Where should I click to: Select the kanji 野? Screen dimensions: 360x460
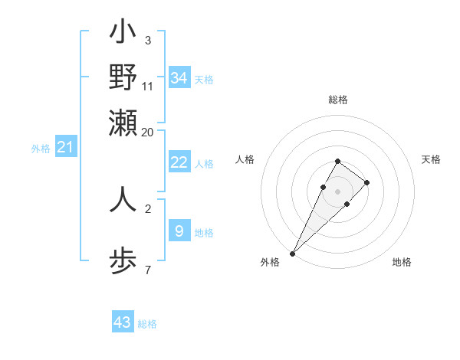tap(123, 77)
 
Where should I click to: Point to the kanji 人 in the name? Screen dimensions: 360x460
tap(123, 200)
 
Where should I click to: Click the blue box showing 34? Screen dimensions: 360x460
tap(179, 77)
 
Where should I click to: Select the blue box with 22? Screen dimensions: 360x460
tap(179, 162)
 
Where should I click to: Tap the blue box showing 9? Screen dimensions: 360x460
tap(179, 230)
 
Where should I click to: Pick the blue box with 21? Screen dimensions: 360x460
tap(64, 147)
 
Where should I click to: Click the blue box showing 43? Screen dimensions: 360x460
tap(123, 322)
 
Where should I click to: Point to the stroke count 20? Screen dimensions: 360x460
tap(148, 131)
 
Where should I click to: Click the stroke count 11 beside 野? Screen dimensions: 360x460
tap(148, 86)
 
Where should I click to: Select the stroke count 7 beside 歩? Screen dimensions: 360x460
tap(148, 269)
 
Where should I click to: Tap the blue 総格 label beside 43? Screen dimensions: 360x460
tap(147, 324)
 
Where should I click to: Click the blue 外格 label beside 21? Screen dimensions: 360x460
tap(41, 149)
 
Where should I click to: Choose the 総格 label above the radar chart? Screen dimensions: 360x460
tap(337, 100)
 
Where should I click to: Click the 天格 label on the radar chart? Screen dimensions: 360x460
tap(431, 159)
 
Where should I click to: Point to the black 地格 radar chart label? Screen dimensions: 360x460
tap(402, 263)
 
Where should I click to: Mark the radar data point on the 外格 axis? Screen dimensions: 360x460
tap(292, 253)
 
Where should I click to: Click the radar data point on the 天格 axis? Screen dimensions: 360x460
tap(367, 182)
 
